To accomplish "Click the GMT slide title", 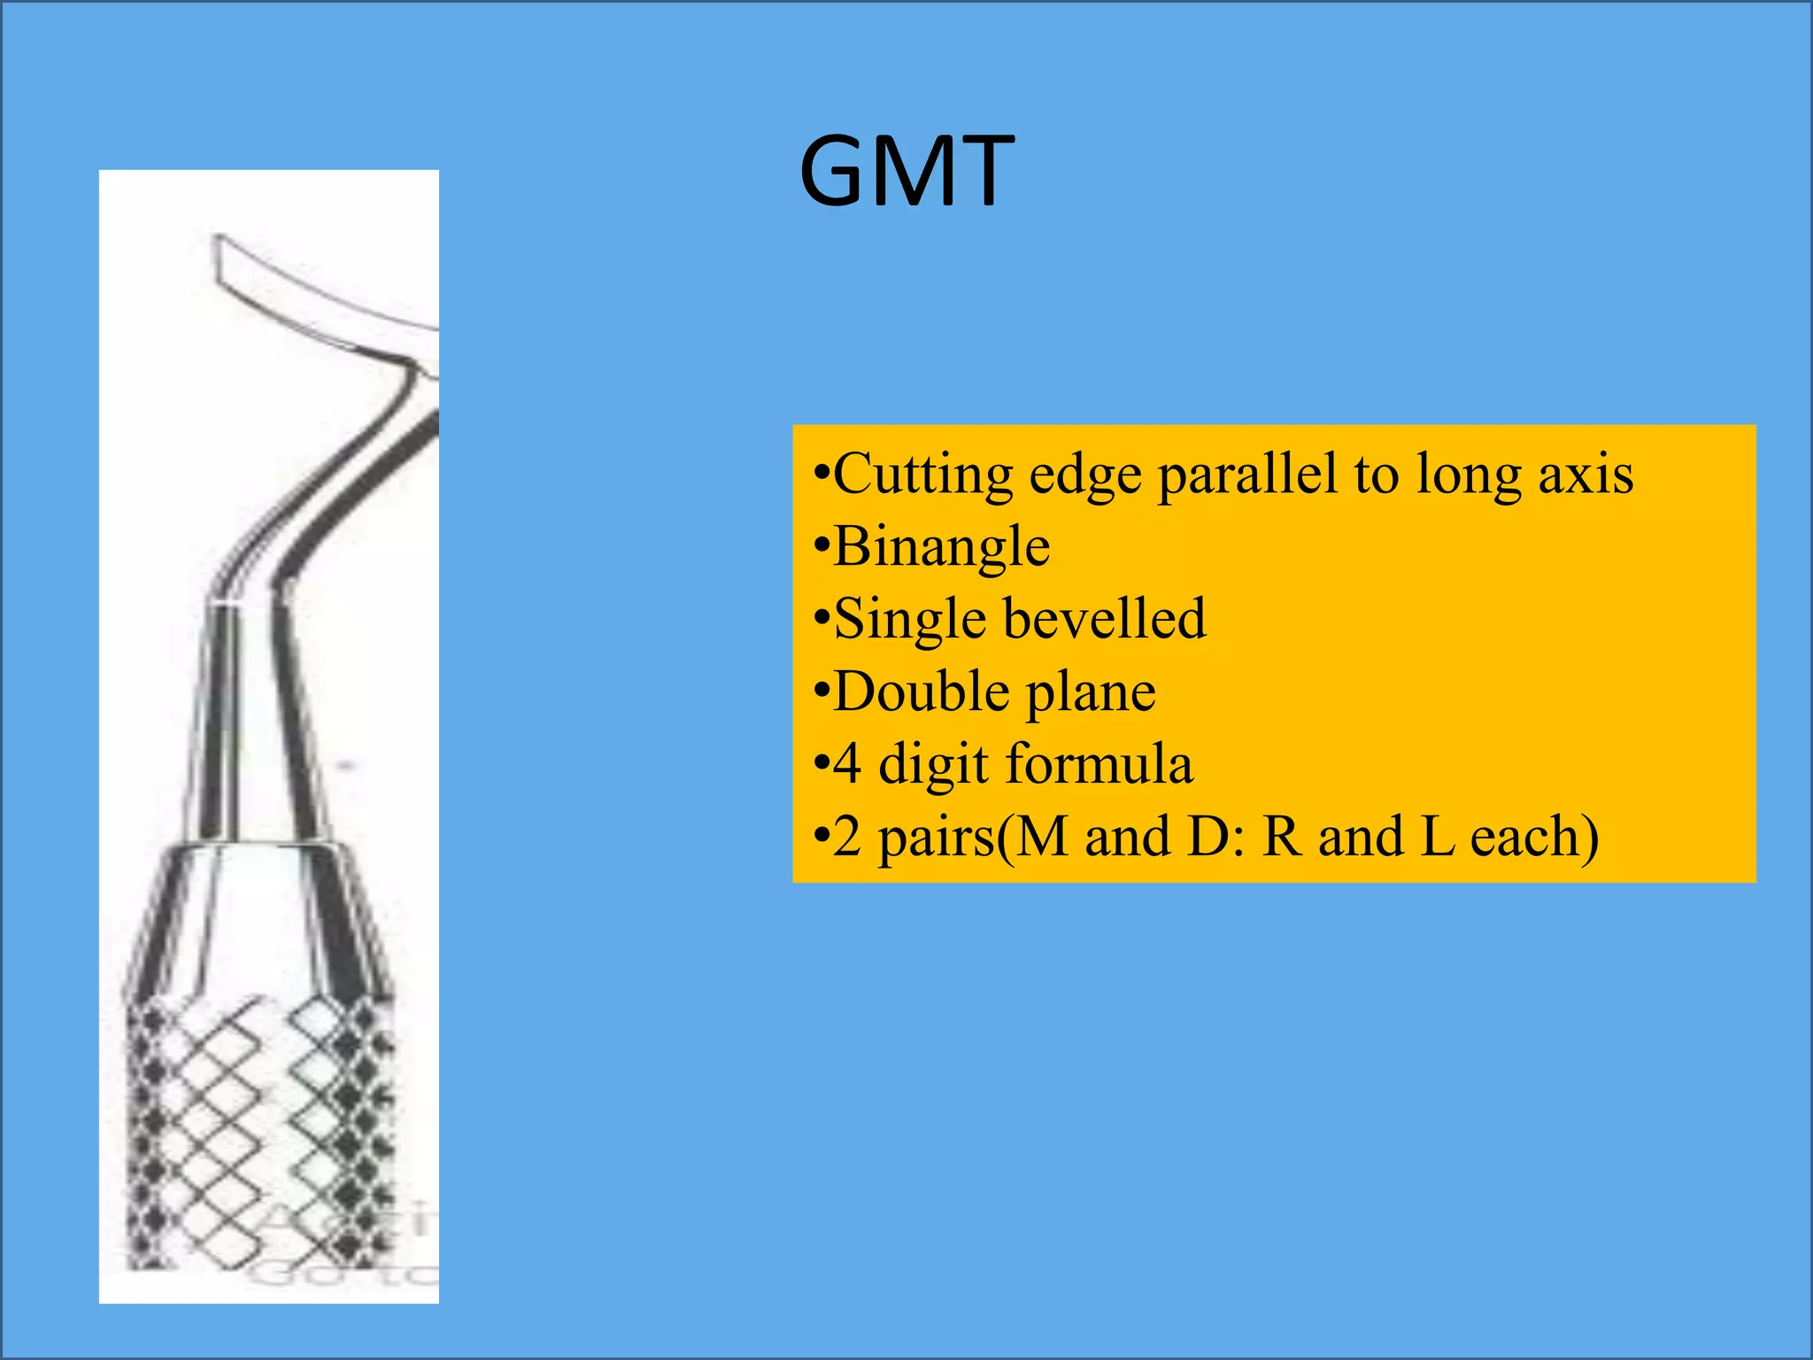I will [906, 171].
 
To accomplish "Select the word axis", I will [1585, 475].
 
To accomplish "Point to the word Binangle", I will [941, 547].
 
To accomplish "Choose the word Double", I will [921, 692].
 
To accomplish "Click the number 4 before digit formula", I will [847, 764].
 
